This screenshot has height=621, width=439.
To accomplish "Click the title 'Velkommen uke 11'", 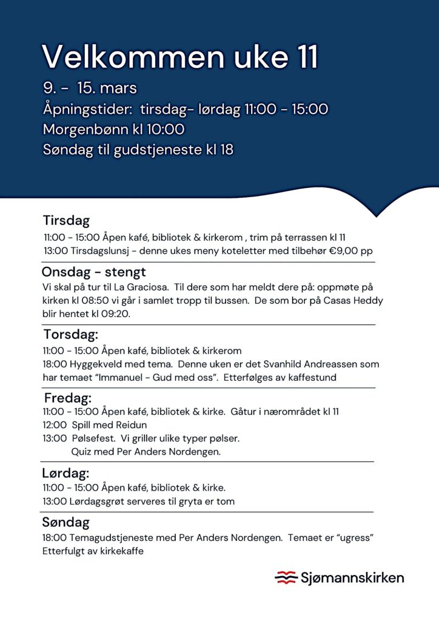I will [x=180, y=57].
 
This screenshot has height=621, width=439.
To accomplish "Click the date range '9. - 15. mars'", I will [x=90, y=88].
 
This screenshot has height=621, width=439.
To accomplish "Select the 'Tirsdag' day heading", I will [x=66, y=220].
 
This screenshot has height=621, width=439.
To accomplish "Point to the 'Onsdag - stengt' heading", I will [x=93, y=272].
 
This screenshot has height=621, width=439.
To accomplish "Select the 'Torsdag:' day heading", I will [x=70, y=334].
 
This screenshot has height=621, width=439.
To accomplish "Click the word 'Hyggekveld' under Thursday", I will [x=90, y=364].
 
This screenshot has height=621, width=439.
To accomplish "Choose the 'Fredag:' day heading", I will [x=68, y=398].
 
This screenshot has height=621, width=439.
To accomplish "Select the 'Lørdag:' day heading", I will [x=65, y=473].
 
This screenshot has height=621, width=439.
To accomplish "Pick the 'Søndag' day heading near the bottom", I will [x=65, y=522].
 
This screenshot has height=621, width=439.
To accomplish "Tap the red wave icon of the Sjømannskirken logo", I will [x=285, y=577].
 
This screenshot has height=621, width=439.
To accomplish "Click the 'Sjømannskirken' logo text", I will [x=352, y=577].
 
